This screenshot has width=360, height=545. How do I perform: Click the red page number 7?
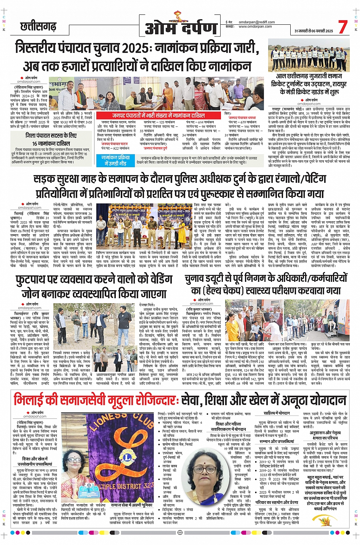342,27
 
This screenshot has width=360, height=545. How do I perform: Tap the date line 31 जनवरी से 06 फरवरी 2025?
313,31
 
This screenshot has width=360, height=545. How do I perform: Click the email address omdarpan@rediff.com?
255,22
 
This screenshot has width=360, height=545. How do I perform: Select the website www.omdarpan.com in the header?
255,27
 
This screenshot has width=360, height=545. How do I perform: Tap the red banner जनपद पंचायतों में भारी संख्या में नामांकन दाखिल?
158,115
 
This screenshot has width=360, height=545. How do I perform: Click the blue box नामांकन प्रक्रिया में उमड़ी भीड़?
115,160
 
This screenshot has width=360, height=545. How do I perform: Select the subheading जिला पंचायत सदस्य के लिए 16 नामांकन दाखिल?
51,139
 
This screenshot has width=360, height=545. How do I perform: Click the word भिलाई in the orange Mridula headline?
31,400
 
